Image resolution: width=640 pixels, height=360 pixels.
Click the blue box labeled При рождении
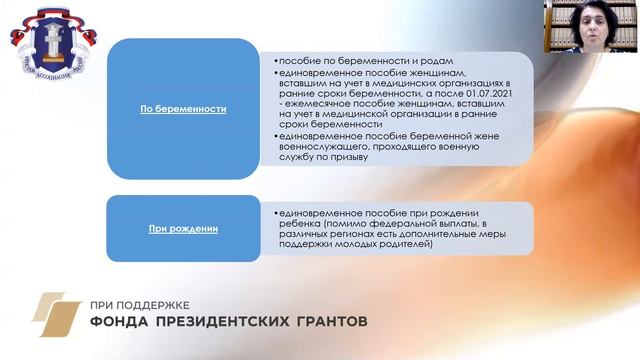(183, 229)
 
